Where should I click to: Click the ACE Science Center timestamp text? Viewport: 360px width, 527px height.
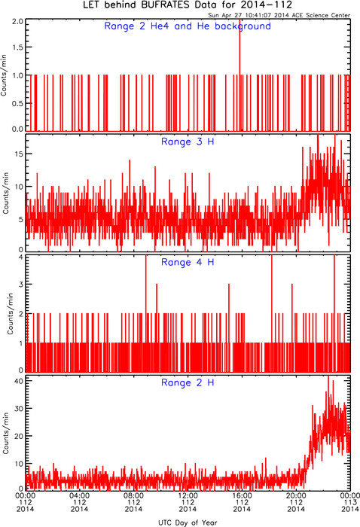tap(279, 15)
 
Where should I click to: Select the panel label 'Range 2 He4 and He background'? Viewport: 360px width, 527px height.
tap(188, 26)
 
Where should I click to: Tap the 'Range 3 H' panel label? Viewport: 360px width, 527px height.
tap(188, 142)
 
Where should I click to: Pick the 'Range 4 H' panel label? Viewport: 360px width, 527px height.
tap(188, 262)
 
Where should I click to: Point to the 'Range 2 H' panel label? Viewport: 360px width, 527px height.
tap(188, 382)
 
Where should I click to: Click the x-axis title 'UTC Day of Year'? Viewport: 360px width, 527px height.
tap(188, 522)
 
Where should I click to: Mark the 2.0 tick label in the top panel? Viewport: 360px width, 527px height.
tap(17, 22)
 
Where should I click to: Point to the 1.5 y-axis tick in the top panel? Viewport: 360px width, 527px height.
tap(17, 47)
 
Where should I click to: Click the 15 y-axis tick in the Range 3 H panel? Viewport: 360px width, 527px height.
tap(19, 154)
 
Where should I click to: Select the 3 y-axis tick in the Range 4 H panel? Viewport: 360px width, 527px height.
tap(21, 285)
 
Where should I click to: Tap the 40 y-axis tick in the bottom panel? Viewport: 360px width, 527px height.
tap(19, 381)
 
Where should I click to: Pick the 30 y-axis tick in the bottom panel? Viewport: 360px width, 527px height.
tap(19, 408)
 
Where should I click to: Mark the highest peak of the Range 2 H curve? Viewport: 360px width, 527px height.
tap(328, 376)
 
